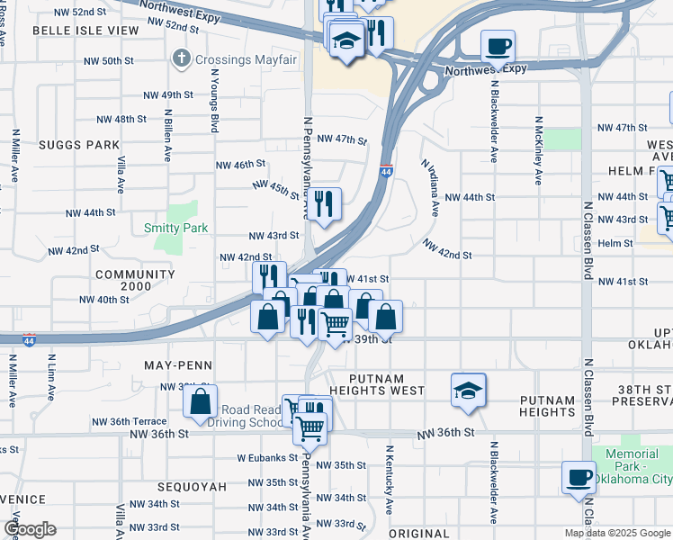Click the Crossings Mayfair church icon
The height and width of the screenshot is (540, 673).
tap(181, 60)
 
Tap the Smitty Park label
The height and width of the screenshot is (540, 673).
tap(176, 228)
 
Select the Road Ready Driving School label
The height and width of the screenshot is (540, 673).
tap(251, 415)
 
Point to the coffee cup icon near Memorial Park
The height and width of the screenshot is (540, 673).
tap(579, 477)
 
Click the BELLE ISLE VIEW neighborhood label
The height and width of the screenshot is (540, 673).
tap(85, 30)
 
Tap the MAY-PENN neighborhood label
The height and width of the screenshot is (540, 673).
tap(178, 365)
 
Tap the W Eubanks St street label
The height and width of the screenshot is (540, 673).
tap(267, 457)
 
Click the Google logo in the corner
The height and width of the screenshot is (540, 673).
tap(29, 530)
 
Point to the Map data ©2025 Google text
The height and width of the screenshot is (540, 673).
tap(616, 533)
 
